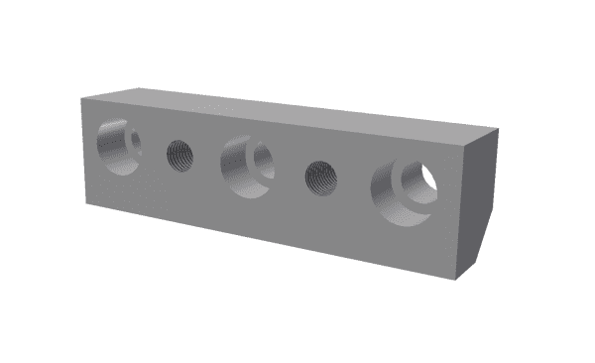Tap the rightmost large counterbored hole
(x=404, y=190)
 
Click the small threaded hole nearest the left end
(x=179, y=155)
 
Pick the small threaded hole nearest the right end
(x=321, y=178)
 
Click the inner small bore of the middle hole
(x=263, y=157)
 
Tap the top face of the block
(x=288, y=111)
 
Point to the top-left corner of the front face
(x=82, y=99)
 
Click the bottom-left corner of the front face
(x=87, y=205)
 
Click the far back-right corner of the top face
(x=495, y=127)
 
